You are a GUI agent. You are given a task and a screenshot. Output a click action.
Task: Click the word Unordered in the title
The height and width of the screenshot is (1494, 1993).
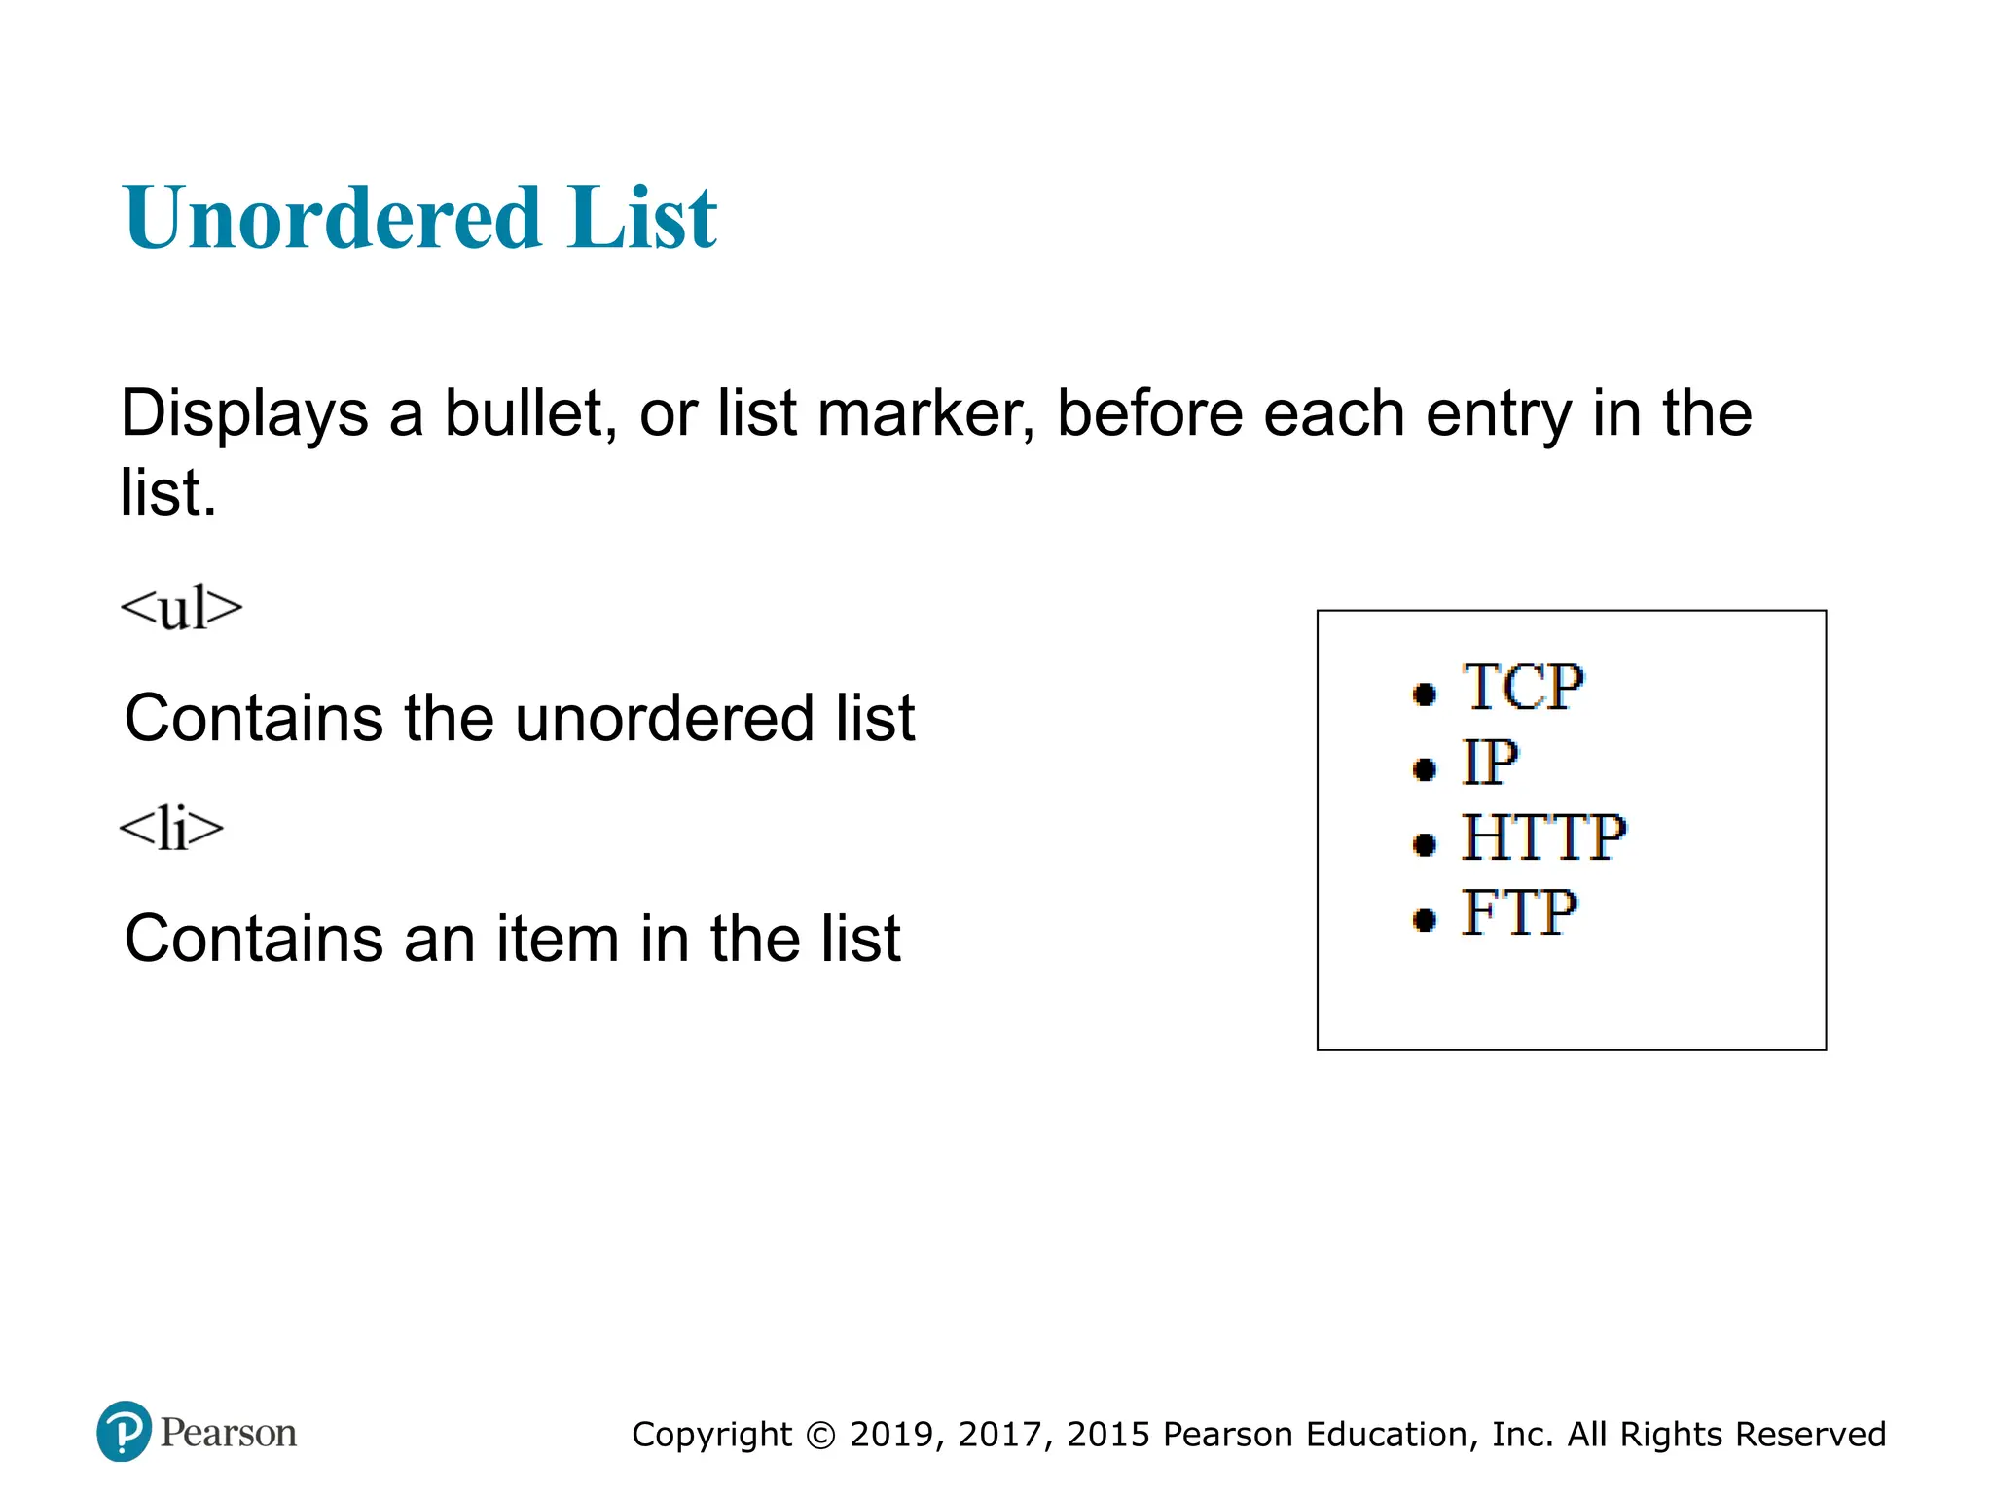332,218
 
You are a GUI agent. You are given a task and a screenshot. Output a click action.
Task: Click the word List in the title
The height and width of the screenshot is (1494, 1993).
643,218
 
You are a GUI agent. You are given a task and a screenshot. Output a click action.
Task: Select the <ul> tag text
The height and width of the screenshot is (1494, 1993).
181,609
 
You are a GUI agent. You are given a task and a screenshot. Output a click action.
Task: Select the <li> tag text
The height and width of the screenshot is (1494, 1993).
171,830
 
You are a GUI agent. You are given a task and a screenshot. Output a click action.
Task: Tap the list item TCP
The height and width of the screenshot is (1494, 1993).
1523,688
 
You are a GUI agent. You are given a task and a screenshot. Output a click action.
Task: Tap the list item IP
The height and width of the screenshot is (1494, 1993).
1490,763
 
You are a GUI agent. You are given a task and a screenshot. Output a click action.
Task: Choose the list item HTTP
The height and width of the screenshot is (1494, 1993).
1543,837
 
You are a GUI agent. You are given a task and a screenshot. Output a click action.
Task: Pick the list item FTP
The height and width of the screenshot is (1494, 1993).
1519,913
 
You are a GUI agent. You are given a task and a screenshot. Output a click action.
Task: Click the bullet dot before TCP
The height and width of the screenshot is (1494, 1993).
1424,694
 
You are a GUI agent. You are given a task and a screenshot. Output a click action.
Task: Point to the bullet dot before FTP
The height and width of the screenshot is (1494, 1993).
1424,919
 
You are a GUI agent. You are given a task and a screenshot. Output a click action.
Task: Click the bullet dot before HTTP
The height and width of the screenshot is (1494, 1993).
1424,844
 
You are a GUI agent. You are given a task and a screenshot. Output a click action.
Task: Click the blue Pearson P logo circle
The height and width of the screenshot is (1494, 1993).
125,1432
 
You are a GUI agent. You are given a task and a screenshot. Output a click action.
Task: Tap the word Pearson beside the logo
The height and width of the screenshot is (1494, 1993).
229,1433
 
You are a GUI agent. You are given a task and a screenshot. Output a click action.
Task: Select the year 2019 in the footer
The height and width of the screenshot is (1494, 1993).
891,1435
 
